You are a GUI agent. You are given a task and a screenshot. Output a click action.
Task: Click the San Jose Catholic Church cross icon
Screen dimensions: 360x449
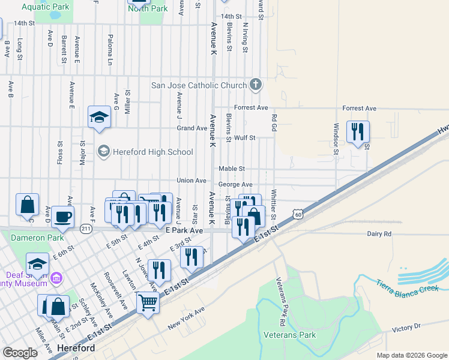pos(256,85)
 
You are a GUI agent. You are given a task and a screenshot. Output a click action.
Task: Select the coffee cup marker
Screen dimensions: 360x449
pos(62,217)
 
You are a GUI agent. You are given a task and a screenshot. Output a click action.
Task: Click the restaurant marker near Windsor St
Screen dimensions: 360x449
pos(358,132)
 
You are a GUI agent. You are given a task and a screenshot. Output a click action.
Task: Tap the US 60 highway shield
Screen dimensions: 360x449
pos(297,214)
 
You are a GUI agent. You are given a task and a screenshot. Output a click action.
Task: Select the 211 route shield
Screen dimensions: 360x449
pos(86,228)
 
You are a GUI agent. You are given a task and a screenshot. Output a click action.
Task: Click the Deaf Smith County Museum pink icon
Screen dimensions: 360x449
pos(56,278)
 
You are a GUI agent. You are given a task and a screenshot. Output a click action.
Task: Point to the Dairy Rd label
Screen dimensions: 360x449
pos(379,233)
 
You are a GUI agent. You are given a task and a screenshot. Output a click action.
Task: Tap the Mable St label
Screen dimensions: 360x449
pos(232,169)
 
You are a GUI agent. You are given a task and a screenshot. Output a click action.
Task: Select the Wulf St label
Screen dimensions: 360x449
pos(244,137)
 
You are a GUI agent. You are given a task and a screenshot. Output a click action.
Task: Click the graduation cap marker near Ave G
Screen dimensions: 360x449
pos(99,116)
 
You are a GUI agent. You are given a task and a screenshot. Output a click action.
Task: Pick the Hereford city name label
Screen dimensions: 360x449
pos(76,348)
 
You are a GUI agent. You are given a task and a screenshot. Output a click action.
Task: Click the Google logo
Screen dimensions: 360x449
pos(20,353)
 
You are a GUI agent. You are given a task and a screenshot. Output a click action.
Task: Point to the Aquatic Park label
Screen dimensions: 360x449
pos(45,7)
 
